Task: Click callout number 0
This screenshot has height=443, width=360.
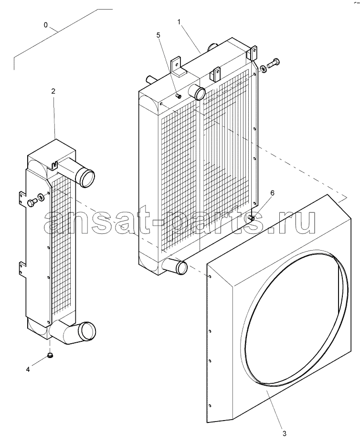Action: coord(46,25)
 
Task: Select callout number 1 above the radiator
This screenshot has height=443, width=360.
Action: coord(179,21)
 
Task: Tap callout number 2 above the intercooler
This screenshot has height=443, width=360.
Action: coord(53,91)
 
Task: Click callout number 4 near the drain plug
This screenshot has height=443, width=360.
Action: coord(28,369)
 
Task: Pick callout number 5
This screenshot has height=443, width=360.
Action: coord(158,35)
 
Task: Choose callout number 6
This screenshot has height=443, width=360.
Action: coord(272,193)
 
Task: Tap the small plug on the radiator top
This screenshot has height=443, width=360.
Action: coord(178,96)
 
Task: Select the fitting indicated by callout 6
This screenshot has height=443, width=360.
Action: coord(251,218)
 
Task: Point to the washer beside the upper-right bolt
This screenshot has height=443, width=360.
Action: coord(263,69)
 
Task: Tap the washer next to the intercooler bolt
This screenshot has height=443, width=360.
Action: coord(41,197)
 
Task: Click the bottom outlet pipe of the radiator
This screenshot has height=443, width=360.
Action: coord(175,265)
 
